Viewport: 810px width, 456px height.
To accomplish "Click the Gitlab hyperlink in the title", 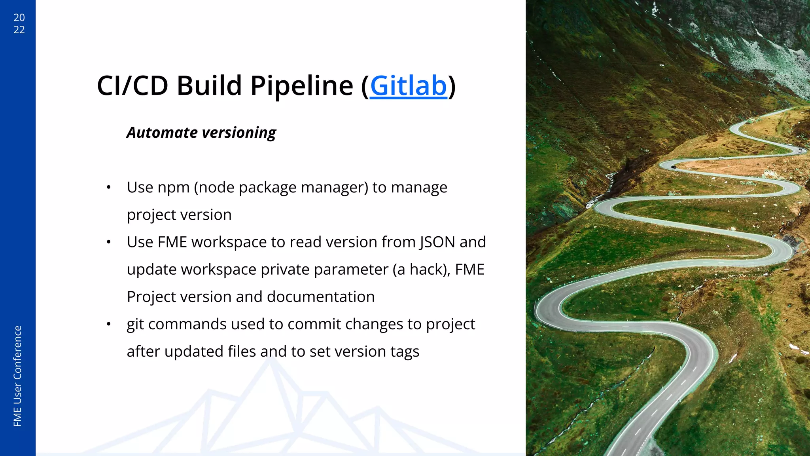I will (408, 86).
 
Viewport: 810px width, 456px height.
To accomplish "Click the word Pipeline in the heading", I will (301, 86).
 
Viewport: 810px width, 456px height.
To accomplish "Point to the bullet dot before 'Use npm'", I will (108, 188).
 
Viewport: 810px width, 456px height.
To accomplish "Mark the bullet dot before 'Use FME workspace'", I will (108, 242).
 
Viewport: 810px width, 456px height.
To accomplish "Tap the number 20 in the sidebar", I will (19, 18).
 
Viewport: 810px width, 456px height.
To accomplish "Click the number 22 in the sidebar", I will (19, 30).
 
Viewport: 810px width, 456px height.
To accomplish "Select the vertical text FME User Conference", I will (17, 376).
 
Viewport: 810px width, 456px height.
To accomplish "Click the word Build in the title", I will (209, 86).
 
